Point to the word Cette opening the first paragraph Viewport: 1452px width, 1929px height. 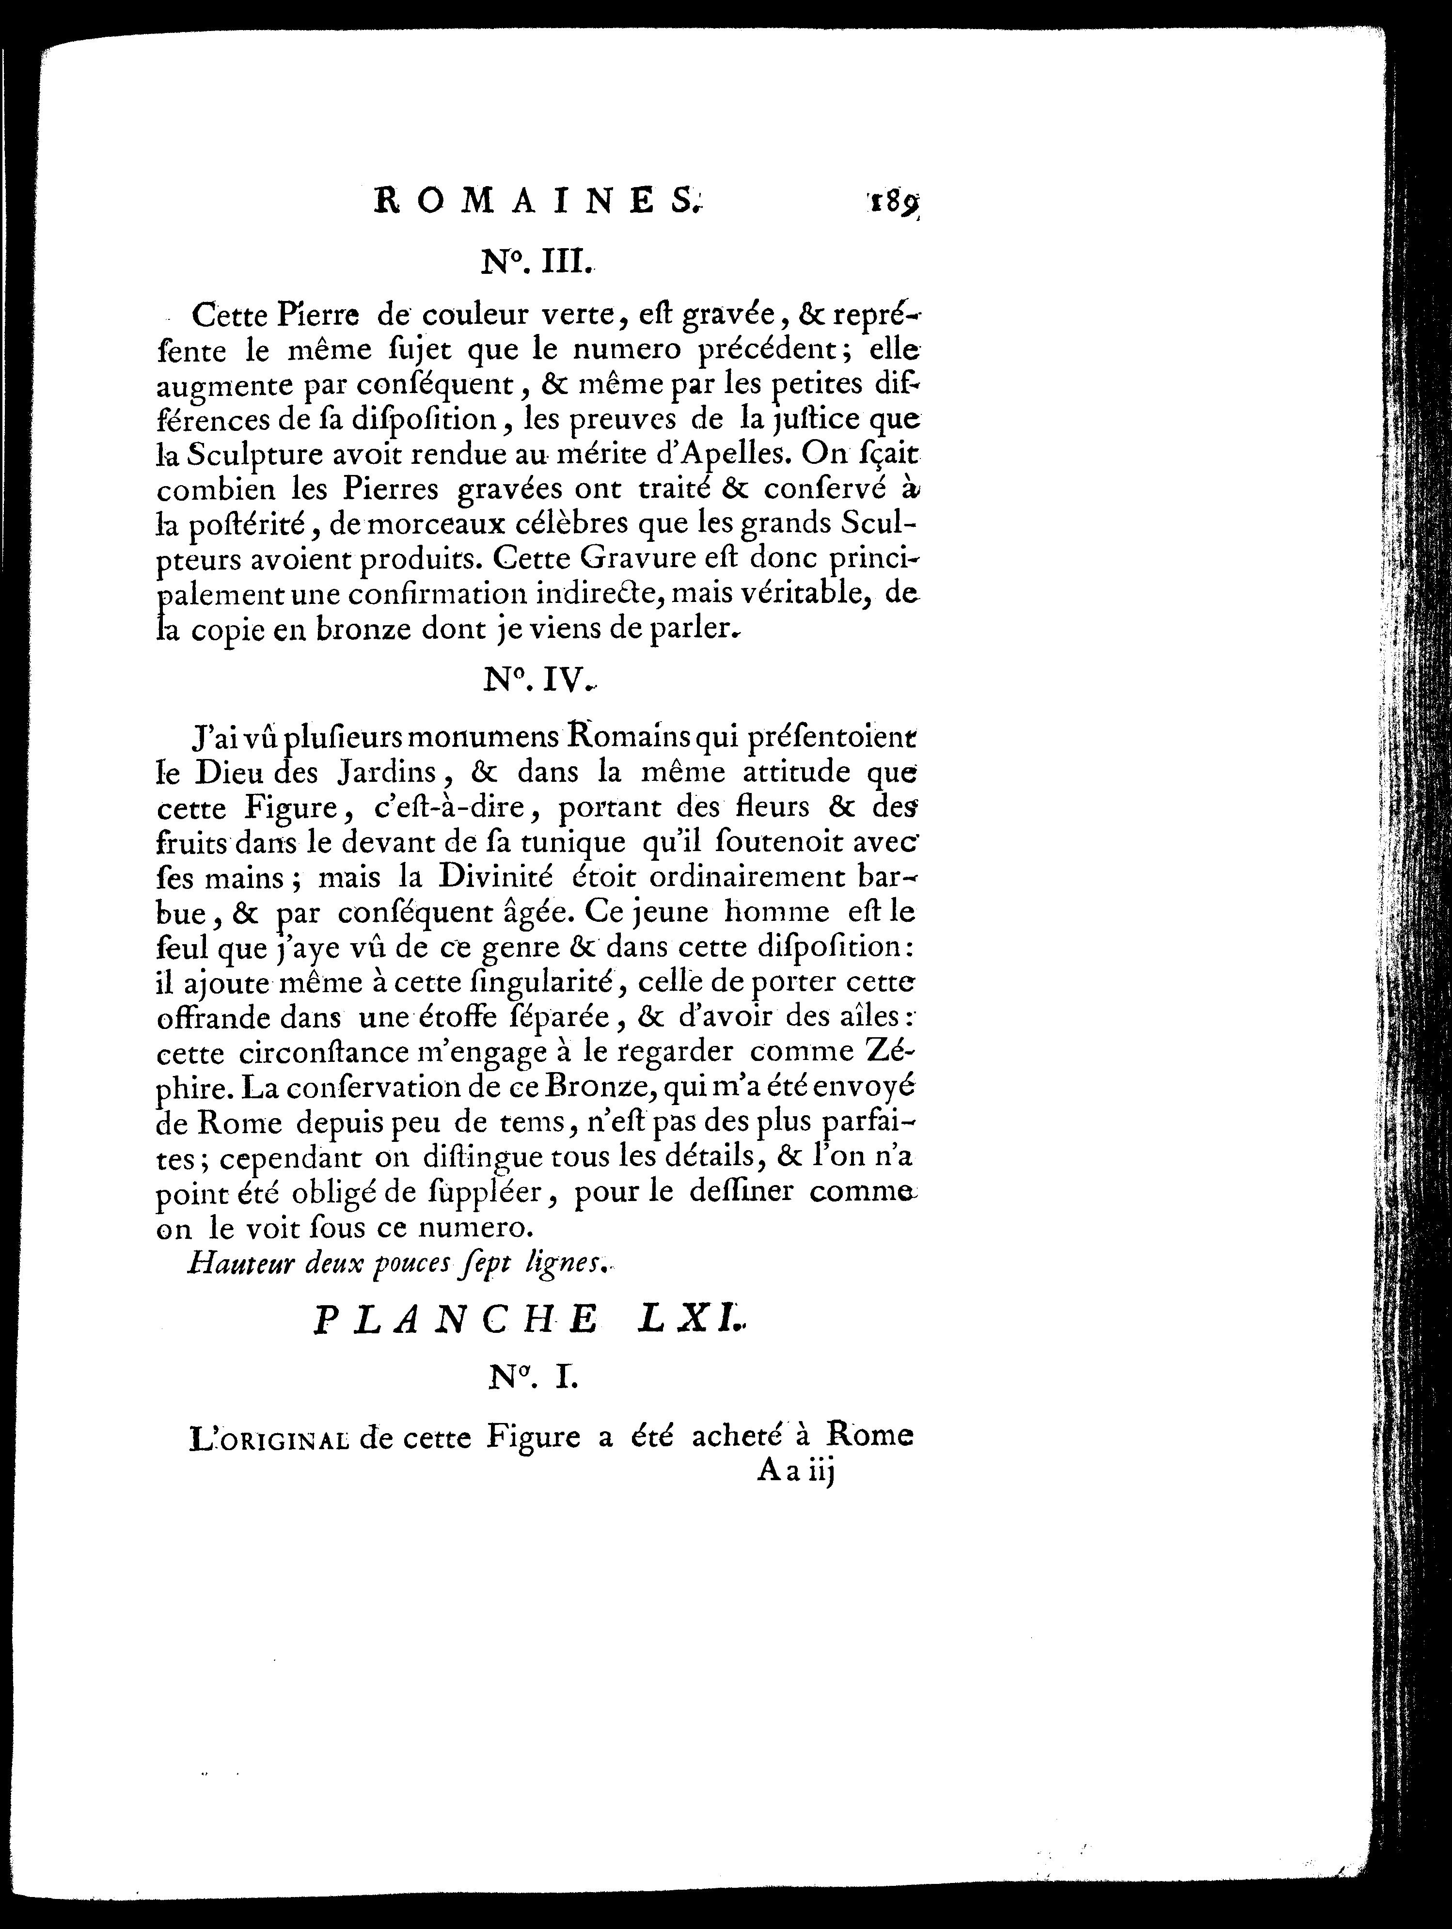click(229, 314)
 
